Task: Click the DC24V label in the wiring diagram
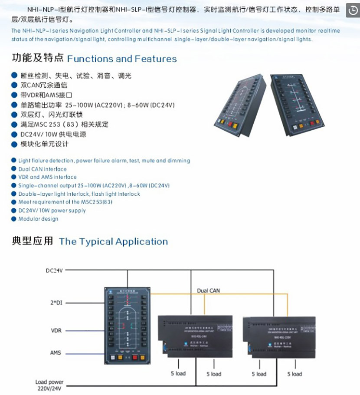[x=55, y=270]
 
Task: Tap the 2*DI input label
[x=55, y=302]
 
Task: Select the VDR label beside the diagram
[x=56, y=331]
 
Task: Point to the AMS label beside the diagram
[x=56, y=353]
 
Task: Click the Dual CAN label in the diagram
[x=209, y=290]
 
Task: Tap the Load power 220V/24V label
[x=49, y=385]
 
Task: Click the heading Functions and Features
[x=122, y=59]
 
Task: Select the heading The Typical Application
[x=113, y=241]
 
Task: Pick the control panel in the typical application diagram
[x=128, y=326]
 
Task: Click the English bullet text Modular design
[x=38, y=219]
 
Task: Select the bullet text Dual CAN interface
[x=43, y=169]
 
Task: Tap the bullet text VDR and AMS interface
[x=47, y=177]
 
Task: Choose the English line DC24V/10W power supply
[x=52, y=211]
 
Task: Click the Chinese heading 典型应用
[x=33, y=241]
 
